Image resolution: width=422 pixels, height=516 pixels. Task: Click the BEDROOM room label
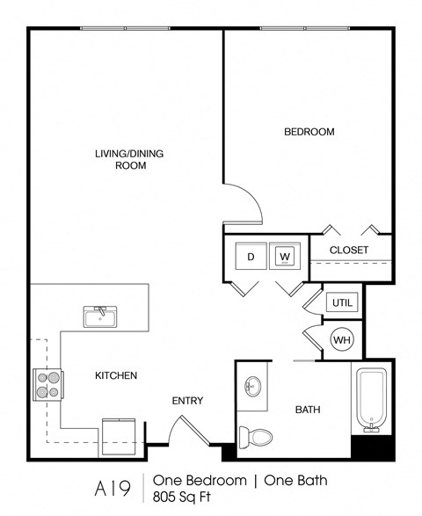coord(309,132)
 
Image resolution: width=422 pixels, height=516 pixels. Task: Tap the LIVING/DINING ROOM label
coord(129,159)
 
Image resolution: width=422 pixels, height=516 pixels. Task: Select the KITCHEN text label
coord(116,375)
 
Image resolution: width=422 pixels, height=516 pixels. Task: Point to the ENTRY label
coord(187,401)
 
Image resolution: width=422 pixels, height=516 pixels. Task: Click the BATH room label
coord(307,409)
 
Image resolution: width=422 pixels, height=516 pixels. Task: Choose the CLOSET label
coord(349,251)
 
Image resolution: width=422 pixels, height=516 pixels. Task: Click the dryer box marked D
coord(251,257)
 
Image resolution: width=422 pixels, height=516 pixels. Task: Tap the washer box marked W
coord(285,257)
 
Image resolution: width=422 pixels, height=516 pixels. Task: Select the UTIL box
coord(342,302)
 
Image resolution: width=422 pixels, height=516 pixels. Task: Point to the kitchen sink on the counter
coord(99,316)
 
